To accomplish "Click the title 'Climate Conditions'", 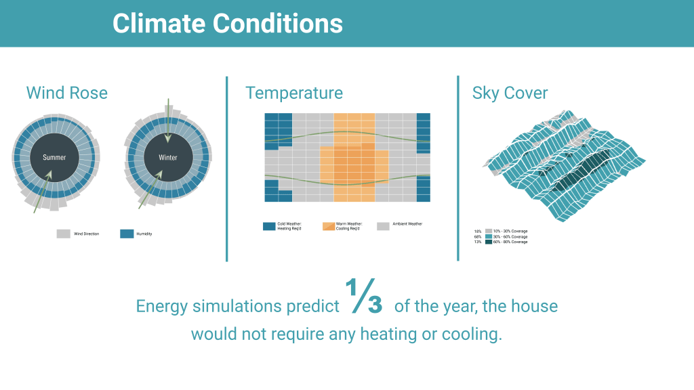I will tap(228, 24).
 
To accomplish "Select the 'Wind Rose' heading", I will tap(66, 93).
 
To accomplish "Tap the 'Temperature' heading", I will tap(294, 93).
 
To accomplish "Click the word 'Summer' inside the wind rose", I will tap(54, 158).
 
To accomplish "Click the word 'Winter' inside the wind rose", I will tap(167, 158).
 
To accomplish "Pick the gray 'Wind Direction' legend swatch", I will tap(64, 234).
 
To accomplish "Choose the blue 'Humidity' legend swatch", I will tap(127, 234).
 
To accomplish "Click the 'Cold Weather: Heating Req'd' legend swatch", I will tap(269, 226).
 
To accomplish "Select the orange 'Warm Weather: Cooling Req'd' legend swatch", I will tap(329, 226).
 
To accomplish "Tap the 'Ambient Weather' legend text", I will tap(407, 224).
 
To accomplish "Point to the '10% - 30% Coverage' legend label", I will tap(511, 231).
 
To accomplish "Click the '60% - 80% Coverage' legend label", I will tap(511, 242).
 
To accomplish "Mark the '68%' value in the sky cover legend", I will tap(477, 236).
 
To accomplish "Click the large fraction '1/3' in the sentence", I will tap(367, 299).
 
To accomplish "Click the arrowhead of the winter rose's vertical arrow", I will tap(167, 138).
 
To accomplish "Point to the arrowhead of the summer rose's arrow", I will tap(49, 174).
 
